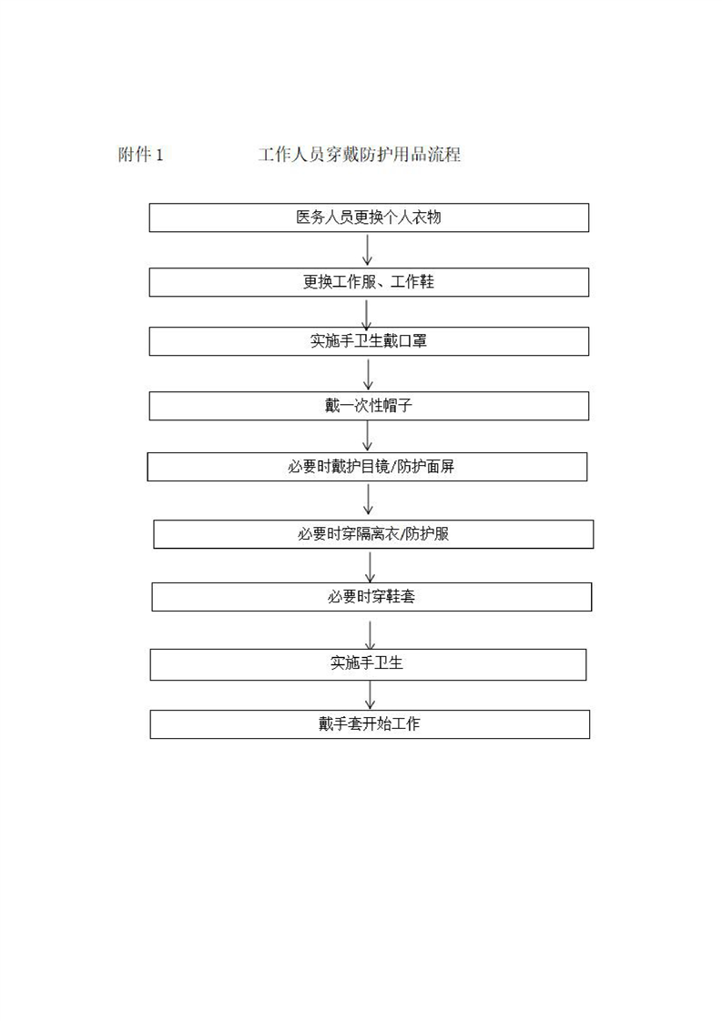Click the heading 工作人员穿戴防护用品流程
coord(359,155)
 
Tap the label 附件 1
coord(140,155)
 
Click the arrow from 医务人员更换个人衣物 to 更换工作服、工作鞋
coord(368,250)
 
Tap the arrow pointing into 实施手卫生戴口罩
coord(366,313)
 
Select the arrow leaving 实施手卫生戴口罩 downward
coord(368,374)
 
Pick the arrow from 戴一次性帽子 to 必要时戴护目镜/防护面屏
coord(368,436)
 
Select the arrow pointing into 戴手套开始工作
coord(371,695)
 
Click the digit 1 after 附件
coord(159,156)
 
